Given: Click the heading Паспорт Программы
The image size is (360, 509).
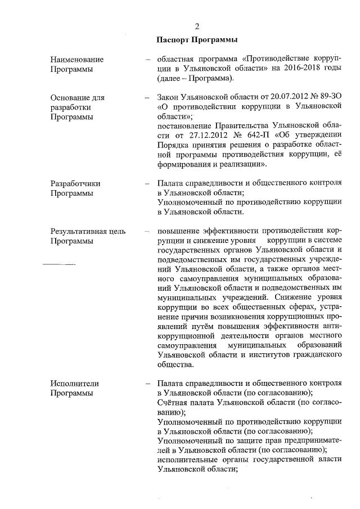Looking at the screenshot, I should (x=197, y=39).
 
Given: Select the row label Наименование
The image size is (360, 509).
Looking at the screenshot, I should (x=77, y=59).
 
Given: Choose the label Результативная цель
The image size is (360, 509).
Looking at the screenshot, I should (x=88, y=231).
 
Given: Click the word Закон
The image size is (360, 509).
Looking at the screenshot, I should (x=170, y=97).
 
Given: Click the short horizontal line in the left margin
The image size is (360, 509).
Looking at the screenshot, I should (x=60, y=263).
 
